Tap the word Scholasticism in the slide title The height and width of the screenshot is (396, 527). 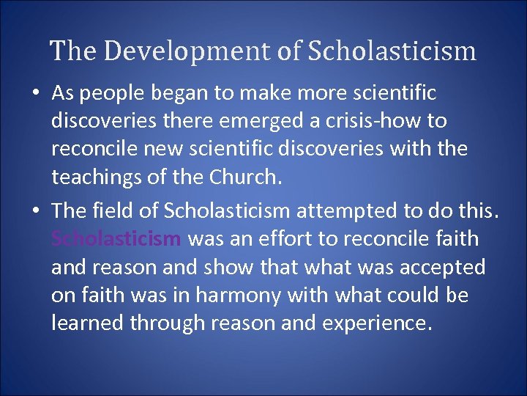[x=392, y=51]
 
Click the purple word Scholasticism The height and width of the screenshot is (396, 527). [x=116, y=238]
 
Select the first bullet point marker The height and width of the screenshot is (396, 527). [x=36, y=93]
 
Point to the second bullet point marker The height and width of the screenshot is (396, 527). [x=36, y=211]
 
